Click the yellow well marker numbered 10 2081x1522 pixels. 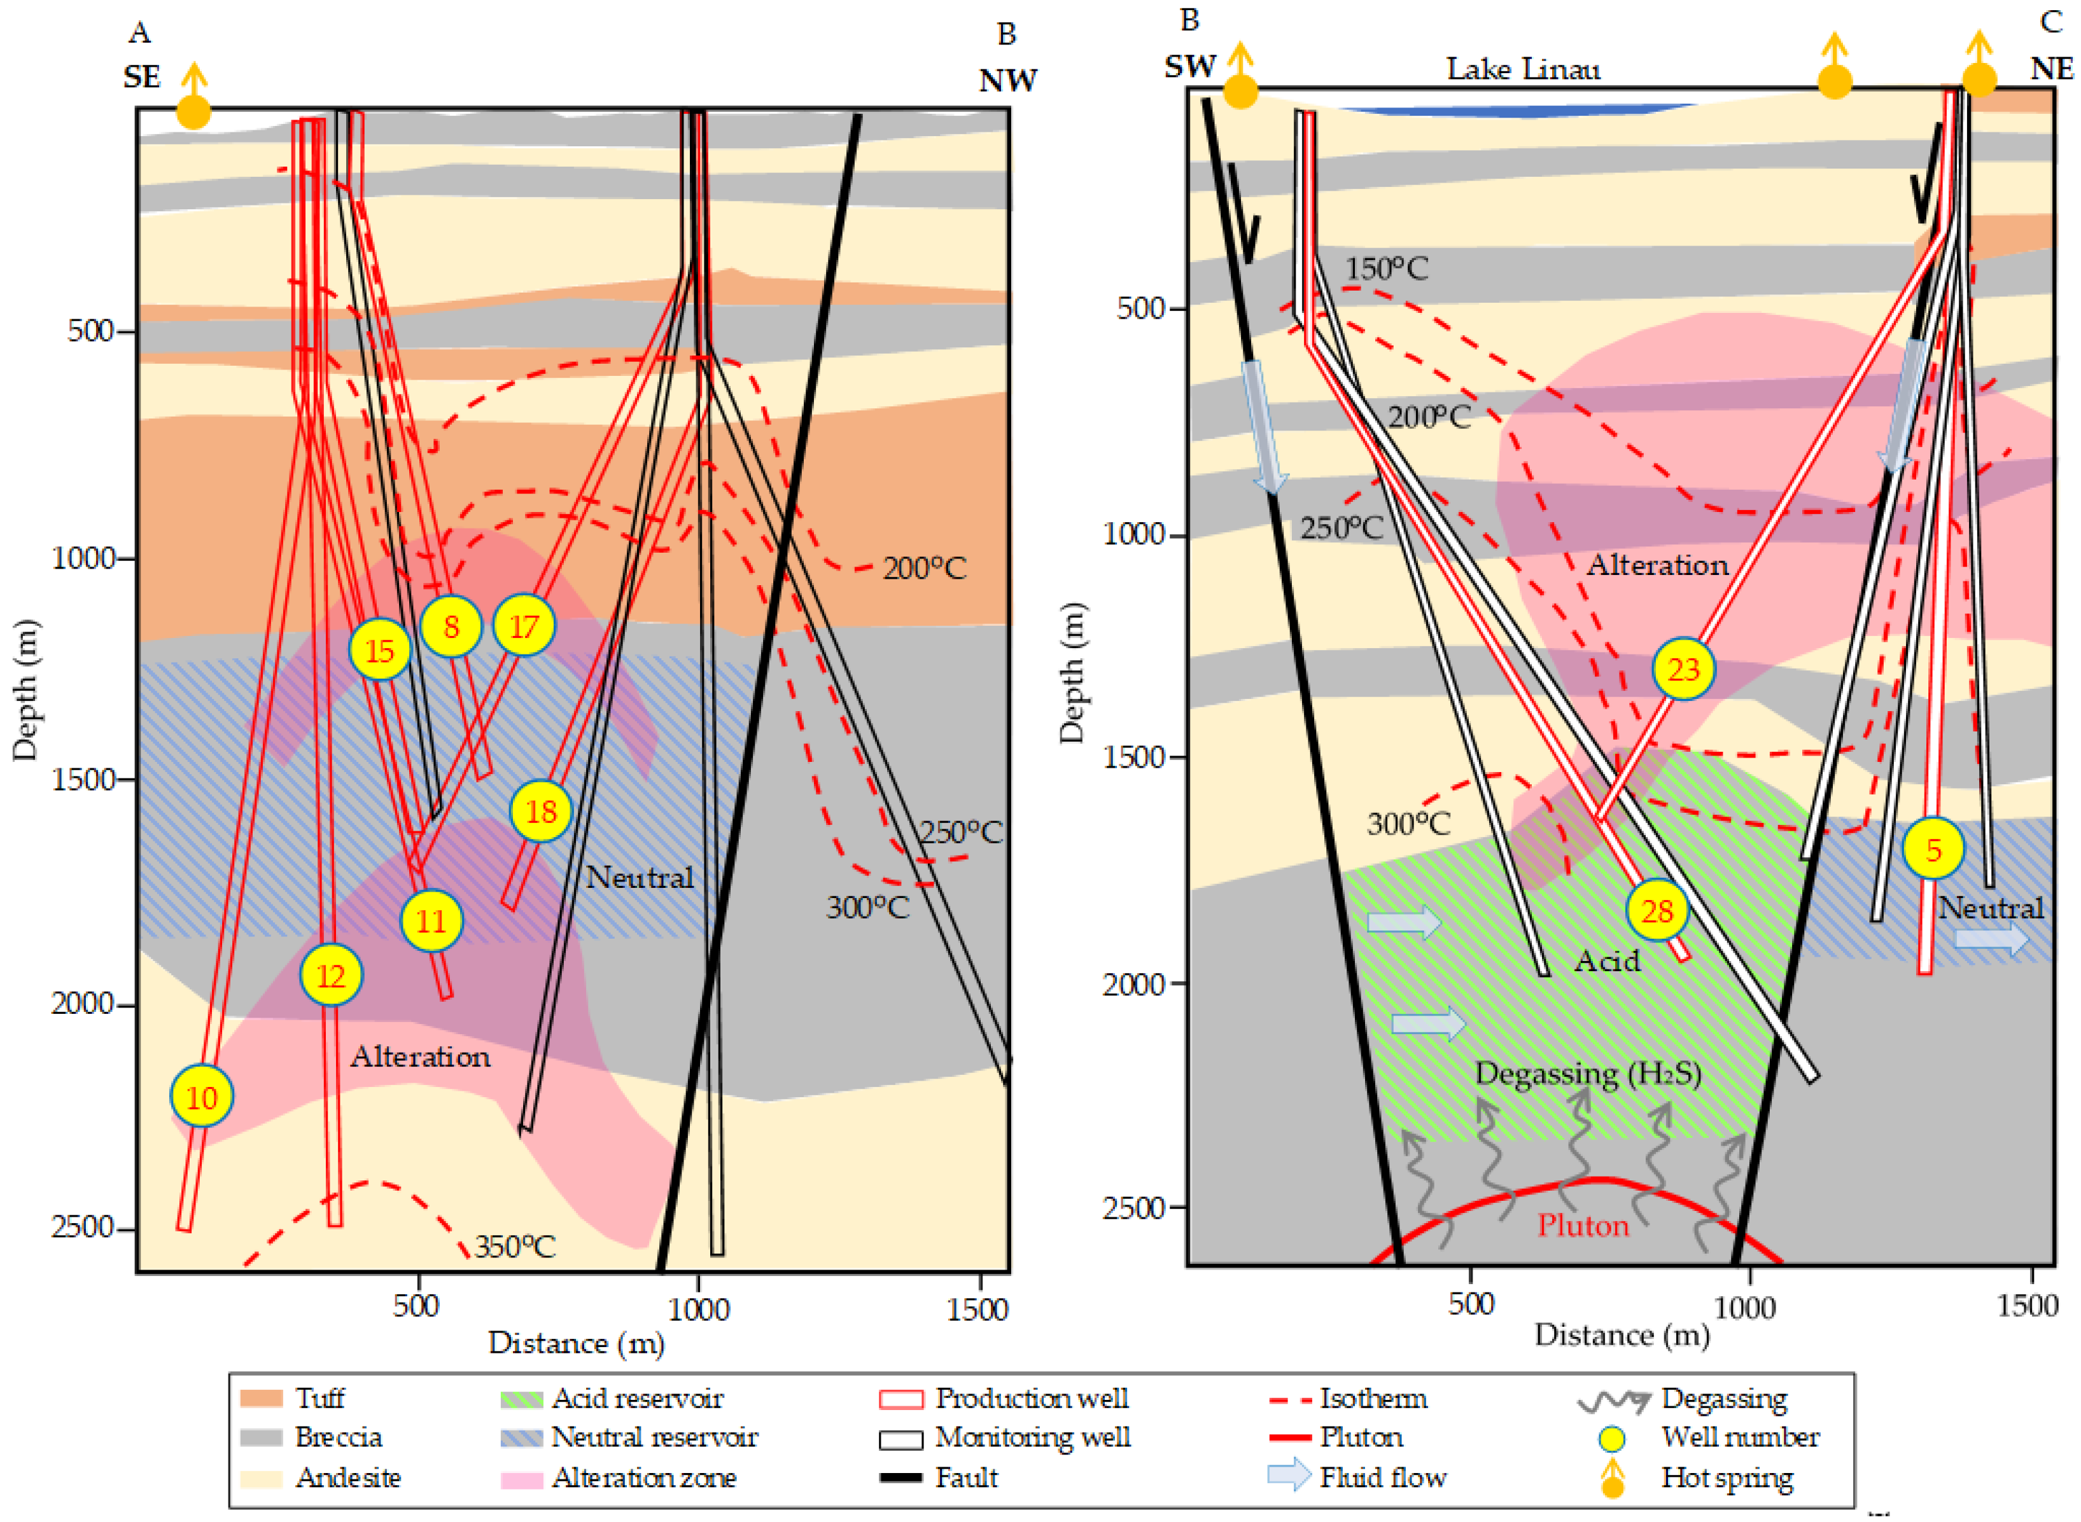(x=202, y=1097)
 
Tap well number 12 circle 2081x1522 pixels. (x=331, y=975)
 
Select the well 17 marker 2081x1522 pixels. (x=524, y=626)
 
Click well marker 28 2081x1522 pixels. (x=1656, y=911)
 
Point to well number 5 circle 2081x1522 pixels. (x=1933, y=848)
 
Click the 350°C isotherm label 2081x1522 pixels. (x=514, y=1247)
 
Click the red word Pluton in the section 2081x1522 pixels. (x=1583, y=1226)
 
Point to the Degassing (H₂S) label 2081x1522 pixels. (x=1587, y=1074)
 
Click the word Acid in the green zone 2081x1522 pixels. (x=1608, y=961)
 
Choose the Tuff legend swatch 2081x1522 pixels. (x=261, y=1399)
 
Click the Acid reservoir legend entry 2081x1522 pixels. (x=636, y=1399)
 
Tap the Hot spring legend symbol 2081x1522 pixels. (x=1612, y=1477)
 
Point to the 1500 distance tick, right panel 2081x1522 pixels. (x=2027, y=1306)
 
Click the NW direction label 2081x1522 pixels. (x=1007, y=81)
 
